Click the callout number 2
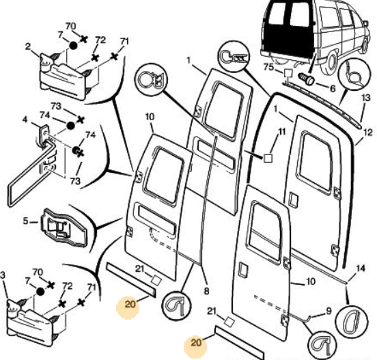click(x=28, y=46)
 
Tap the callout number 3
click(x=3, y=275)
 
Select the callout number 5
click(x=25, y=221)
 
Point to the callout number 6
click(x=333, y=89)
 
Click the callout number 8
click(x=206, y=291)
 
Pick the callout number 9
click(x=329, y=311)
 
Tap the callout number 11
click(x=282, y=132)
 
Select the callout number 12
click(x=368, y=133)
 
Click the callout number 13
click(x=365, y=98)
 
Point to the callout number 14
click(x=361, y=268)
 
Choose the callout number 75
click(x=268, y=67)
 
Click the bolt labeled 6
click(x=306, y=79)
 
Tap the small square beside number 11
click(x=268, y=158)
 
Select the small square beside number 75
click(x=288, y=73)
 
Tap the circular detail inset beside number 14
click(x=352, y=321)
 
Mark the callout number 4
click(x=25, y=120)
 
